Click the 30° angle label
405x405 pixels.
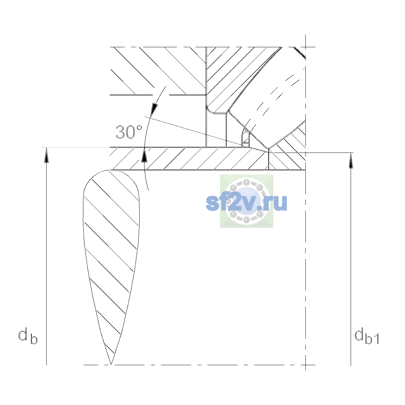(129, 132)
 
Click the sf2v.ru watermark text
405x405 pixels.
(246, 202)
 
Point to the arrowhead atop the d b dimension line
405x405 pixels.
(47, 155)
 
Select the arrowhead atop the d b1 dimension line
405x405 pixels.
(351, 161)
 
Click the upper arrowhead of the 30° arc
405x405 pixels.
(154, 109)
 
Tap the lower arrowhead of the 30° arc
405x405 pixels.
(144, 155)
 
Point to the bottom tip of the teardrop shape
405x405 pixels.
(111, 364)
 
